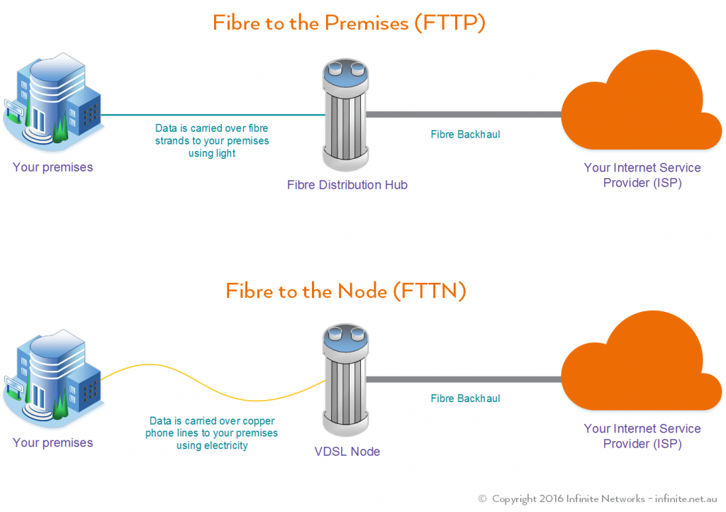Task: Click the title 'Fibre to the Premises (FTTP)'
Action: [349, 23]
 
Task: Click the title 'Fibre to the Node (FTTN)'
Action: [346, 291]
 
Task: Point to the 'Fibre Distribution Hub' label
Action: [347, 185]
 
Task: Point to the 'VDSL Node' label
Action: [347, 452]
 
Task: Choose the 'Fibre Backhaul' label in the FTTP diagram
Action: [465, 134]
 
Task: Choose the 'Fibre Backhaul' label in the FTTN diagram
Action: [465, 399]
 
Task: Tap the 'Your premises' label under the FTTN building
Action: [52, 443]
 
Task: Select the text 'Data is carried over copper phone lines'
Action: [212, 427]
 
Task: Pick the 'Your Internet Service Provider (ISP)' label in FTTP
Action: [642, 175]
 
